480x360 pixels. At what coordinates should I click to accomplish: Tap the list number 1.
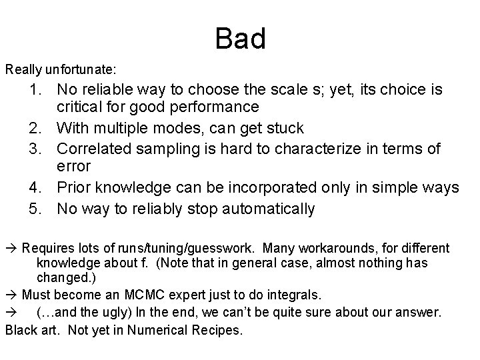[x=35, y=89]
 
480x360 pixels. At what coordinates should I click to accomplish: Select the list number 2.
[x=35, y=127]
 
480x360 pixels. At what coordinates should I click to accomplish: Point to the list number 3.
[x=35, y=147]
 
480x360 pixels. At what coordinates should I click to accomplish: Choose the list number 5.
[x=35, y=209]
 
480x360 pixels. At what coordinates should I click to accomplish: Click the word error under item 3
[x=73, y=166]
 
